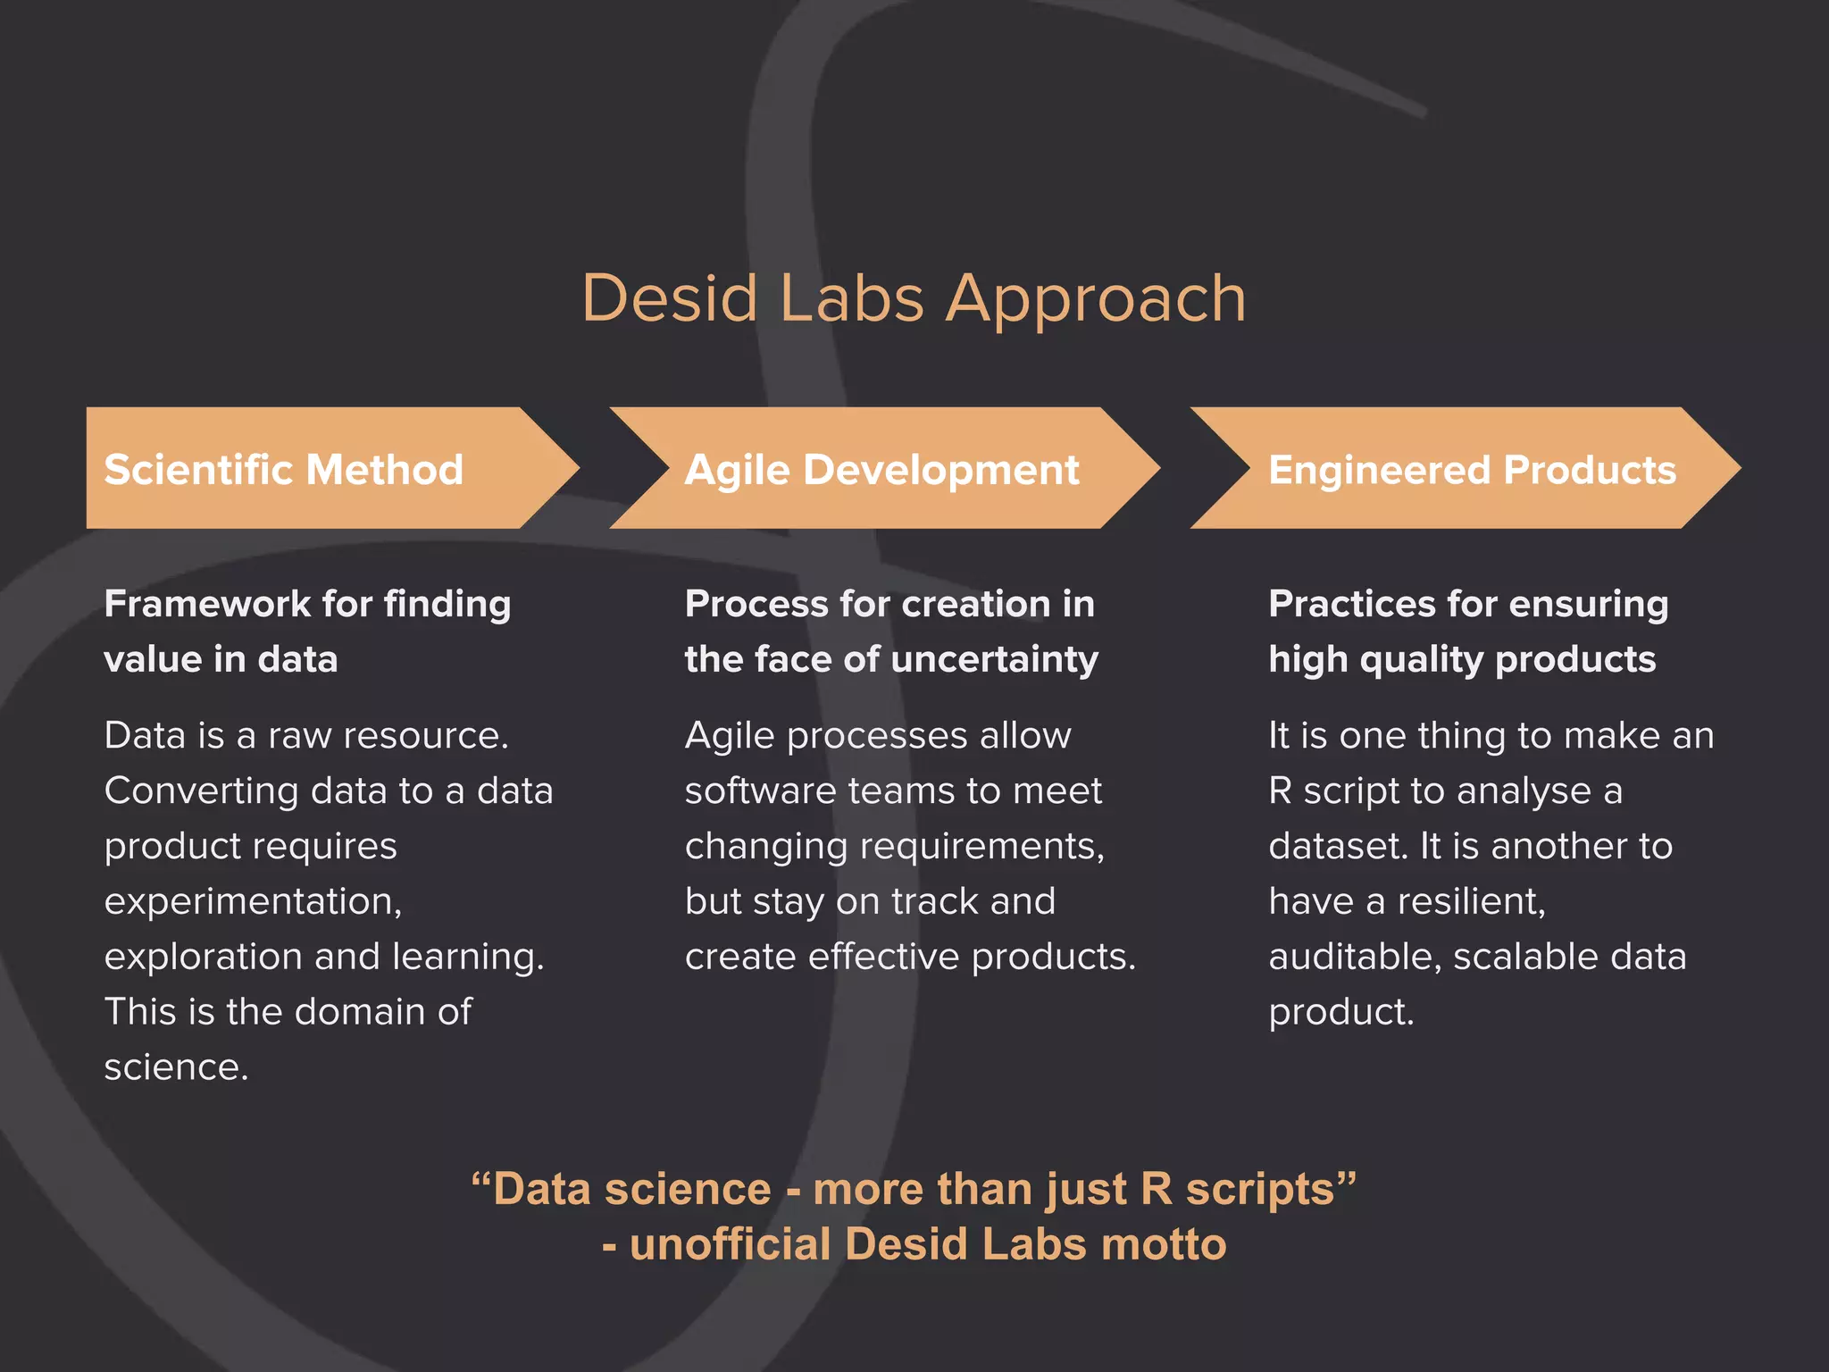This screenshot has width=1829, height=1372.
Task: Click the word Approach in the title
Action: [x=1096, y=299]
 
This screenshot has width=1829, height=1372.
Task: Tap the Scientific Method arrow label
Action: [x=284, y=470]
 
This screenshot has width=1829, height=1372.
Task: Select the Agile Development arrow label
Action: [x=881, y=470]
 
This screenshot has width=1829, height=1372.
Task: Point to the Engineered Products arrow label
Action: [x=1472, y=470]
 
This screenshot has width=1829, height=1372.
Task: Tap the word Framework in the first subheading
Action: [x=206, y=604]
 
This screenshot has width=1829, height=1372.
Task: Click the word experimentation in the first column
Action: [x=253, y=901]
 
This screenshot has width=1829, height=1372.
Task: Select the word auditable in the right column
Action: [x=1354, y=957]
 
